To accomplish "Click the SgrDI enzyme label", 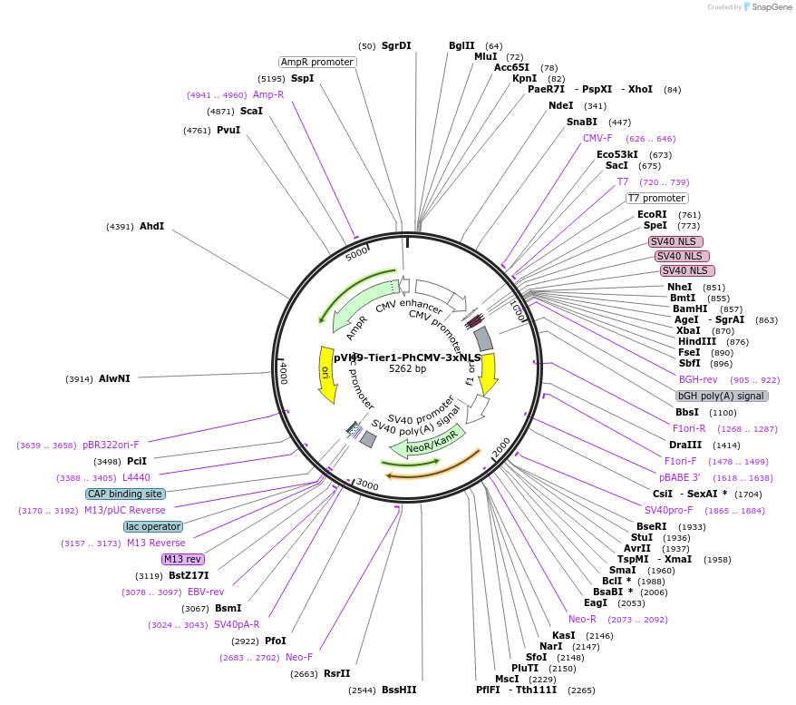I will (x=396, y=45).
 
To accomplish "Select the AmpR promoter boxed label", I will (x=317, y=62).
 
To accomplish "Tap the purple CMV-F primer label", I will (x=597, y=138).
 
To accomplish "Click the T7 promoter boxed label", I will (x=657, y=198).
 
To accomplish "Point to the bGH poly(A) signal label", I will (x=722, y=396).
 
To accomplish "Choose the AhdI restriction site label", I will (x=151, y=226).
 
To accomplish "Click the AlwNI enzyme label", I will (x=114, y=378).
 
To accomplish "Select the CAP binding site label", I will (x=125, y=494).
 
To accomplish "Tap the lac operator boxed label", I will (x=153, y=526).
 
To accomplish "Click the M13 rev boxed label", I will (x=183, y=559).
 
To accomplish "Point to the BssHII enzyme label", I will (x=399, y=690).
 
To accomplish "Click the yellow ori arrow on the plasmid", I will (x=327, y=374).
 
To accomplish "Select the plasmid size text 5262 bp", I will (x=407, y=368).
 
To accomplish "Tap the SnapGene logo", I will (x=767, y=7).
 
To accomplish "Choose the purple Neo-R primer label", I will (x=582, y=619).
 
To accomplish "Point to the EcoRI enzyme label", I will (x=652, y=214).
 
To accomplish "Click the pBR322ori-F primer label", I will (x=111, y=445).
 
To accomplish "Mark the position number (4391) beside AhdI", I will (x=120, y=226).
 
